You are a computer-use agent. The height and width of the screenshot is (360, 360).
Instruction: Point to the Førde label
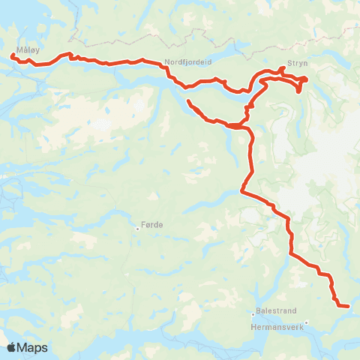coord(151,224)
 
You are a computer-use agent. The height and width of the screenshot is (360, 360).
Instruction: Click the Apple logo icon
coord(11,348)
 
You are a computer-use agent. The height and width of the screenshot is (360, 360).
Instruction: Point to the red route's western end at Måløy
coord(12,55)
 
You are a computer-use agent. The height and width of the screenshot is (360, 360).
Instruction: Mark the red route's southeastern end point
coord(349,305)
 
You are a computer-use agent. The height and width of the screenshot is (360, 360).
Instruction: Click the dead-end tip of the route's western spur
coord(187,101)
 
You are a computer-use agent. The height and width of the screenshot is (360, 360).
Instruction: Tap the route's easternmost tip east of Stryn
coord(307,79)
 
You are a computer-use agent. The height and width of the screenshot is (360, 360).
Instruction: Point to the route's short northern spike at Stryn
coord(281,69)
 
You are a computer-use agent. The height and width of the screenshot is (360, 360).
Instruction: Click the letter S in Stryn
coord(289,64)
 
